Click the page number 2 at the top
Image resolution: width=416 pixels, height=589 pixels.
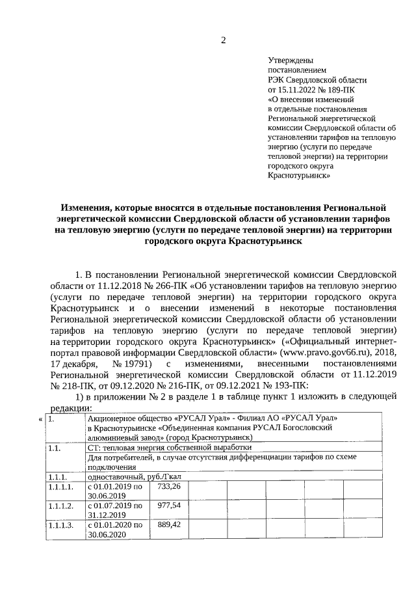[x=224, y=40]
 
